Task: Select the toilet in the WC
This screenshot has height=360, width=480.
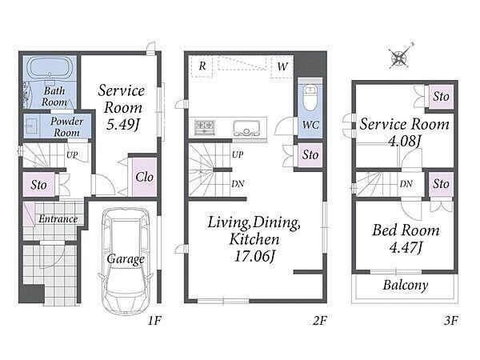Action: pos(310,98)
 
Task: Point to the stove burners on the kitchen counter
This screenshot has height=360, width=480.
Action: pos(205,127)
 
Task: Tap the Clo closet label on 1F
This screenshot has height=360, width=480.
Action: pos(144,177)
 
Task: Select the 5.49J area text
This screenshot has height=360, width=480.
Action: pos(122,125)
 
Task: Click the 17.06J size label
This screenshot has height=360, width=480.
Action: pos(254,256)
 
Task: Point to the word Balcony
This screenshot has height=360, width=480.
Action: pos(406,286)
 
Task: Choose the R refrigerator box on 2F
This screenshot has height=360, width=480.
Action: pos(202,66)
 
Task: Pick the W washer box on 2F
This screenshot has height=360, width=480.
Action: pos(282,66)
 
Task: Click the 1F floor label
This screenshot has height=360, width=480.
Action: pos(154,321)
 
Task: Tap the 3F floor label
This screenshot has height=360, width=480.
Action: pos(450,321)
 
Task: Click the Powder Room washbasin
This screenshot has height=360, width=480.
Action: pos(31,126)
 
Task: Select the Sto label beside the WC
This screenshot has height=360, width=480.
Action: pos(310,154)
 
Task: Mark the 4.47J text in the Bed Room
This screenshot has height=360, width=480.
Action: pos(406,247)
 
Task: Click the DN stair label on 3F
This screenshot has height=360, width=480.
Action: pos(406,184)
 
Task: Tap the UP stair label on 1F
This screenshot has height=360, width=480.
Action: pos(72,155)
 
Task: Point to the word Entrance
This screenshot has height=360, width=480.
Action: pos(58,219)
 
